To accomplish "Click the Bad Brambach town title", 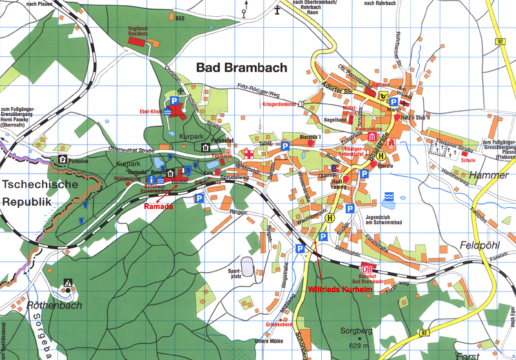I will [x=241, y=68].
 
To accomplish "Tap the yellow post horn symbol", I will [x=384, y=97].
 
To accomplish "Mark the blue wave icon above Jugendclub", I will [x=388, y=196].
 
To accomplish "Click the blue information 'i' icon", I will [x=150, y=179].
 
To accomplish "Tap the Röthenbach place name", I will [x=57, y=306].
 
